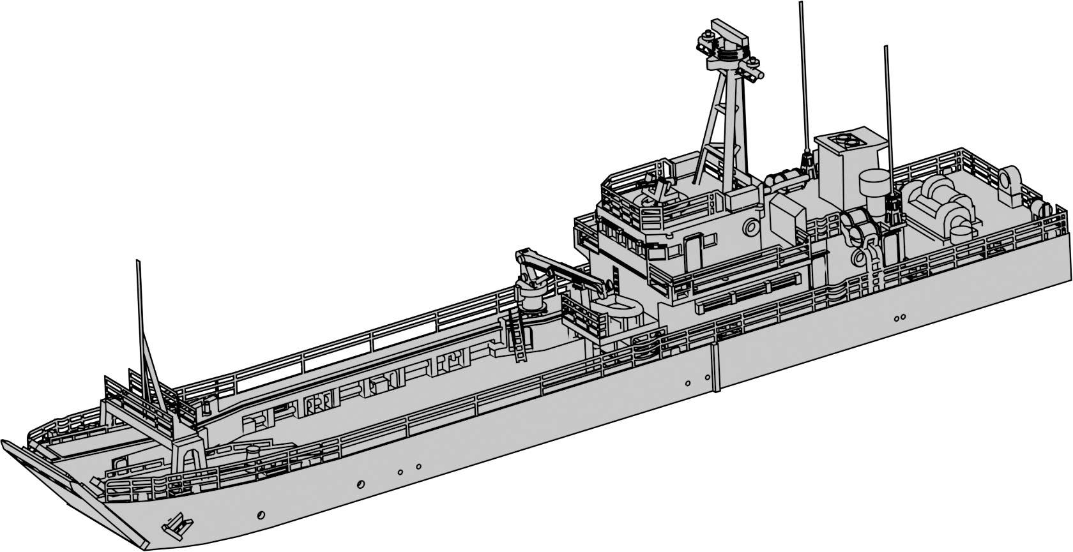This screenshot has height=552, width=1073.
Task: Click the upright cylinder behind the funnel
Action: [x=874, y=183]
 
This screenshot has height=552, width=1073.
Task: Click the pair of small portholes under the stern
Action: [x=900, y=317]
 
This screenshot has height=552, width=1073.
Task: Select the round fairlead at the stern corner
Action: [x=1011, y=177]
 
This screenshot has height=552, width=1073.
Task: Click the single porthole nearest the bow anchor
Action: [x=261, y=514]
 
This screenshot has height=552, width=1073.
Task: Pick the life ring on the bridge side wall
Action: [x=749, y=227]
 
